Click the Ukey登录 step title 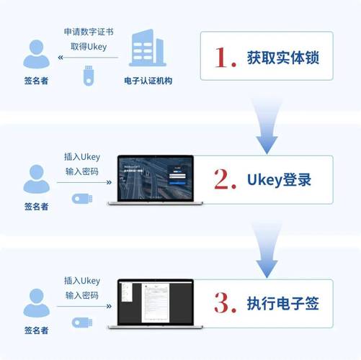click(x=278, y=179)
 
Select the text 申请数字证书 click(x=86, y=32)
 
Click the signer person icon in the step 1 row click(x=36, y=55)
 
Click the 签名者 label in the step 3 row click(x=36, y=330)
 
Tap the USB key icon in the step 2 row click(x=81, y=199)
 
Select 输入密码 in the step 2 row click(x=81, y=172)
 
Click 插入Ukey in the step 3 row click(x=81, y=281)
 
